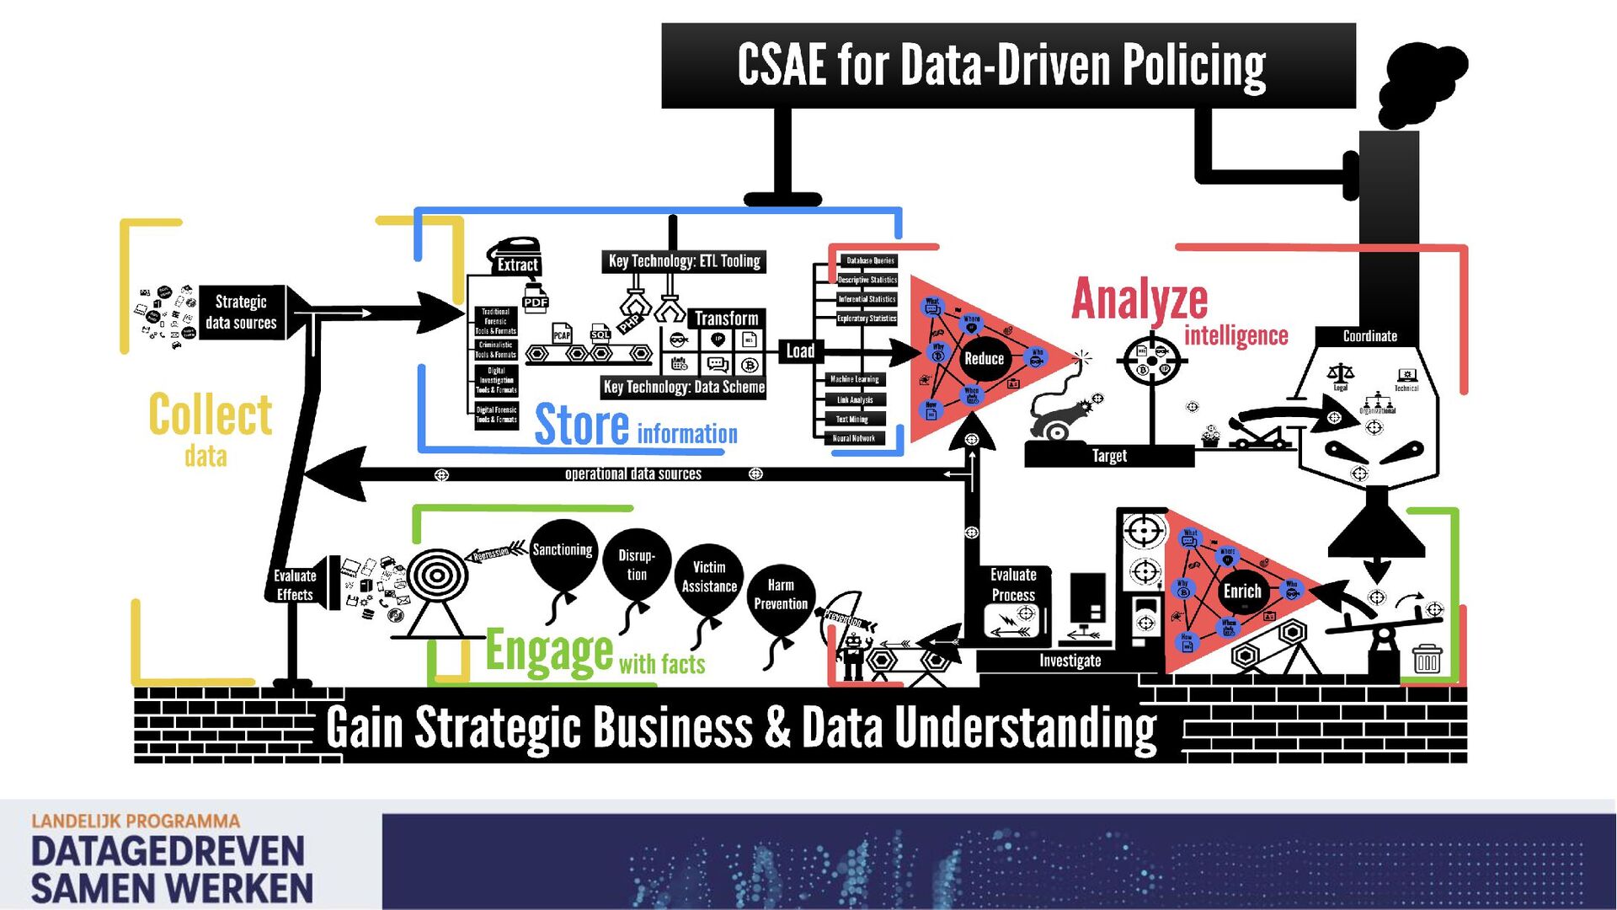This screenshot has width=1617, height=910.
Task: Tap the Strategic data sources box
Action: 242,312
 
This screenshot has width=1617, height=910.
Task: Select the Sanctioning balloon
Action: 563,554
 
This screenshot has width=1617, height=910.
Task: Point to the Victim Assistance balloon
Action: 709,577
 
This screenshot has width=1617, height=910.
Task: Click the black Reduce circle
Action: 984,358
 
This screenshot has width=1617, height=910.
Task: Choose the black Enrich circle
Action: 1242,591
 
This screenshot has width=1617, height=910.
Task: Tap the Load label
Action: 800,351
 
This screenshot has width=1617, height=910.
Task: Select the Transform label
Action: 726,318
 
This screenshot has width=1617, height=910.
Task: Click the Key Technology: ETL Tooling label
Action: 684,261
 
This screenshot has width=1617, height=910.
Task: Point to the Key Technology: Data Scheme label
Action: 684,387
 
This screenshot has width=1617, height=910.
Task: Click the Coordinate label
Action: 1369,336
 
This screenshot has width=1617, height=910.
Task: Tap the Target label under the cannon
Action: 1109,456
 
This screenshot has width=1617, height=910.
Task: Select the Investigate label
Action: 1070,661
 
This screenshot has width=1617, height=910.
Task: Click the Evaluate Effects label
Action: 295,585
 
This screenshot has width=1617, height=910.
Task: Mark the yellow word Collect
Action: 211,415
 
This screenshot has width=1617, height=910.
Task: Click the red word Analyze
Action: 1139,299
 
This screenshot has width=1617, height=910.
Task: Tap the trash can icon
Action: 1427,658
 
